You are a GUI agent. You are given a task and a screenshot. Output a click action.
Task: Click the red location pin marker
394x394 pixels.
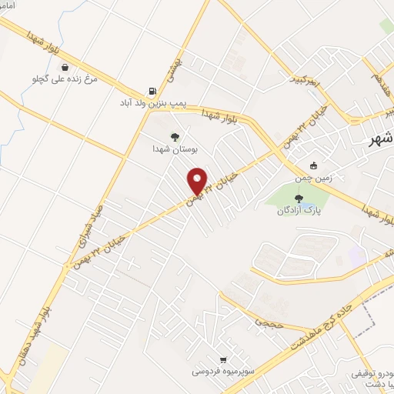tap(198, 180)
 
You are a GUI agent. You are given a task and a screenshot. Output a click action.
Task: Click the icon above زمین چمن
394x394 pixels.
tap(313, 165)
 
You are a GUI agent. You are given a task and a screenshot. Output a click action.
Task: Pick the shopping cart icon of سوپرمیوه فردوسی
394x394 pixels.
tap(223, 359)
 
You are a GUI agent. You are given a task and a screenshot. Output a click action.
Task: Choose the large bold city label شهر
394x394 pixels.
tap(381, 139)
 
